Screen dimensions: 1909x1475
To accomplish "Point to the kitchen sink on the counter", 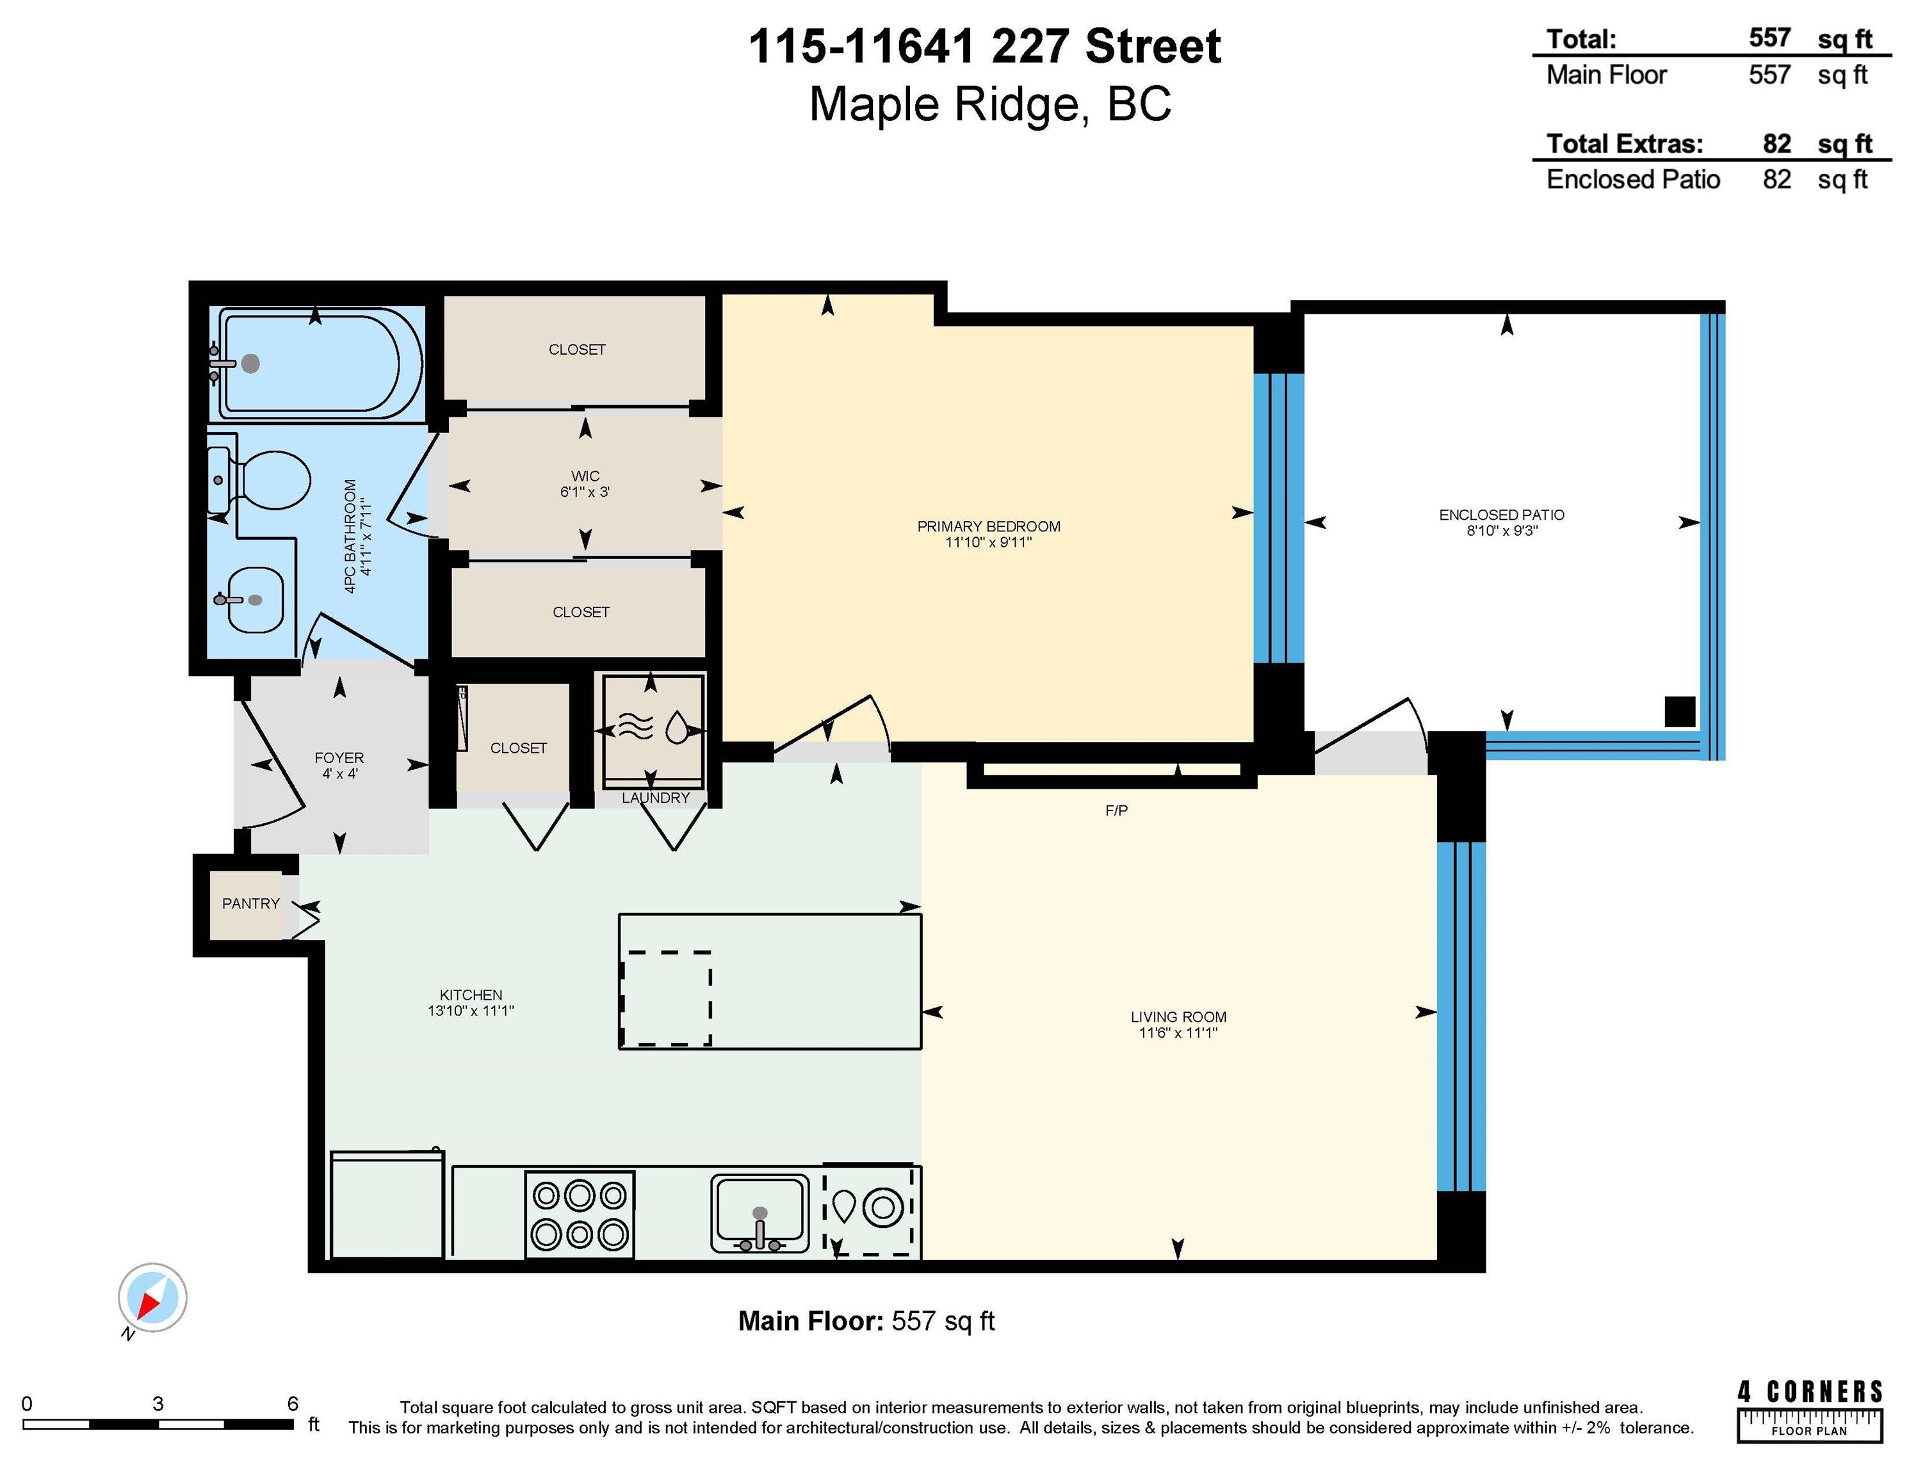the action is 760,1214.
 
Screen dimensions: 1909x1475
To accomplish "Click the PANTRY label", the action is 251,903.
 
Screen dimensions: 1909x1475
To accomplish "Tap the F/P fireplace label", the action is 1116,811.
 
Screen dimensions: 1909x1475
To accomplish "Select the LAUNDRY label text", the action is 656,798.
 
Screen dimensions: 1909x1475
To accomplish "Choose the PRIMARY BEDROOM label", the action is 989,526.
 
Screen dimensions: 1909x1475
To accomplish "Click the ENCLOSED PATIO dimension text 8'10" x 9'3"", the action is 1502,531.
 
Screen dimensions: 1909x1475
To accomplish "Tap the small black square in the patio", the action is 1680,711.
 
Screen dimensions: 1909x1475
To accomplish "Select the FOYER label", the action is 339,757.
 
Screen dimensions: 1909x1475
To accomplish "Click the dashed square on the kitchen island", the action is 665,998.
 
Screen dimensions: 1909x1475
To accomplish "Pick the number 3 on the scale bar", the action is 158,1404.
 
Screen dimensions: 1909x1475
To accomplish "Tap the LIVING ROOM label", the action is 1178,1016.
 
